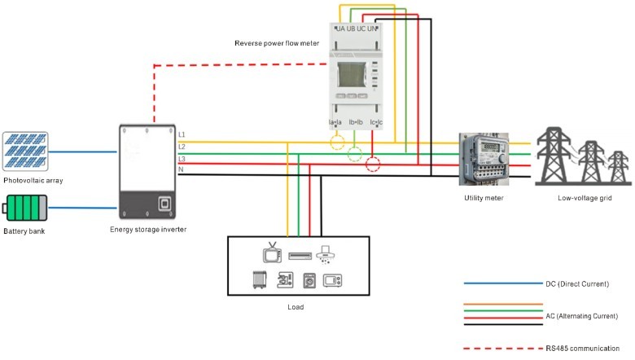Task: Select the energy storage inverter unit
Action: click(147, 172)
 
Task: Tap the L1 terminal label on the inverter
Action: click(182, 133)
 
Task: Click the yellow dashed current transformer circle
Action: click(337, 145)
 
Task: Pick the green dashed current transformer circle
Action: click(356, 155)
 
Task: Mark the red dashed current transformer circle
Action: click(374, 165)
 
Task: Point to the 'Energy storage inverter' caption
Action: click(148, 230)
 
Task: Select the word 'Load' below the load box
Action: click(296, 307)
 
